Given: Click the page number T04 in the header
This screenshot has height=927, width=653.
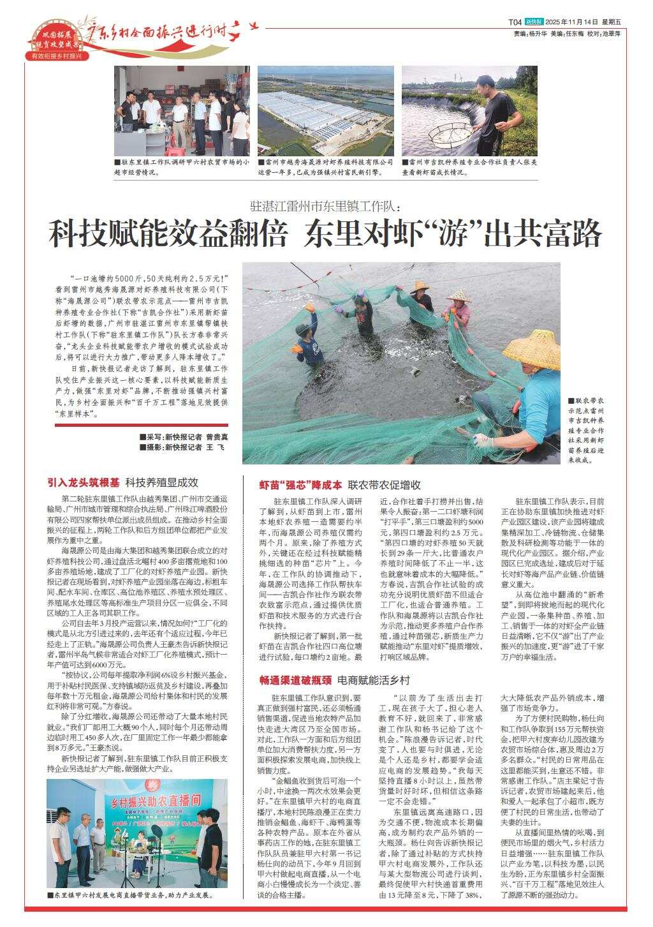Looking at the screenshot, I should [515, 21].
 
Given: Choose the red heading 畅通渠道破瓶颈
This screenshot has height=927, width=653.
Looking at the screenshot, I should [295, 680].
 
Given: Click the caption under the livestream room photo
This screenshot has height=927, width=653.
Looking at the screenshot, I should [129, 896].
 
